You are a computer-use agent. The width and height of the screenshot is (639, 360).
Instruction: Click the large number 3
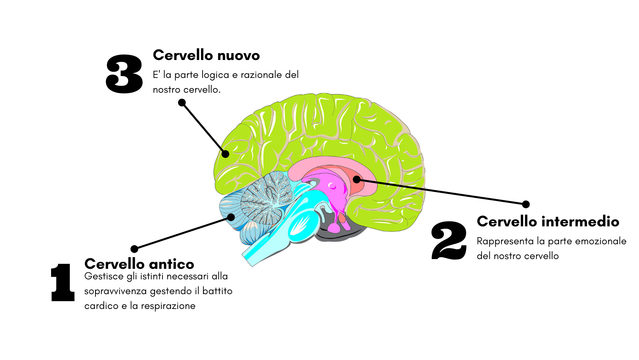124,74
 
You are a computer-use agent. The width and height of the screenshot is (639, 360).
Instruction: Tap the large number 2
449,240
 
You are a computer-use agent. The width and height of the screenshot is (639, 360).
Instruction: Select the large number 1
63,282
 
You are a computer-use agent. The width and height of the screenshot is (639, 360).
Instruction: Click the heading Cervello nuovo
206,55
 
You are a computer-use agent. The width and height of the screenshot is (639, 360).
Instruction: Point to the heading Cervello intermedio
548,221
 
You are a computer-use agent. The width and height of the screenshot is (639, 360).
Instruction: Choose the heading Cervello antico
139,264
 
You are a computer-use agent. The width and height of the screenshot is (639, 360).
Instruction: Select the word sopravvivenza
115,291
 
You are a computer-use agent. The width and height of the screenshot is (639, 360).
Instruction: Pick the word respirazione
168,306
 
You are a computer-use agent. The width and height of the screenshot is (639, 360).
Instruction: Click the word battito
217,291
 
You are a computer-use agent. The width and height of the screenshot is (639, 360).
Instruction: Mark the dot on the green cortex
225,154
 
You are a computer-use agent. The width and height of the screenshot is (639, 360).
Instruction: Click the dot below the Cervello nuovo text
182,103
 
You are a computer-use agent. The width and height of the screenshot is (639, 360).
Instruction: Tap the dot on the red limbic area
357,180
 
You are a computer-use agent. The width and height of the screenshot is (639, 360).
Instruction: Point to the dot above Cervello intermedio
526,204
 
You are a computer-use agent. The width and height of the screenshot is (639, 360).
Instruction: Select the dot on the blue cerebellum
231,217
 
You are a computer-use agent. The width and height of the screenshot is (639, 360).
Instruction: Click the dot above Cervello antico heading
134,249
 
